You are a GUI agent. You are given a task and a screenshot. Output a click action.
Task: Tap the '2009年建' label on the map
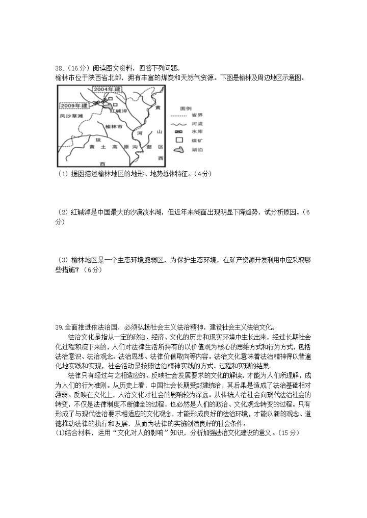[x=74, y=105]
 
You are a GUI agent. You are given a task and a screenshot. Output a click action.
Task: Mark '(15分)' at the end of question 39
[x=288, y=433]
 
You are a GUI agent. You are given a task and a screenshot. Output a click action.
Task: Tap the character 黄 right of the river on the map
[x=158, y=108]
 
